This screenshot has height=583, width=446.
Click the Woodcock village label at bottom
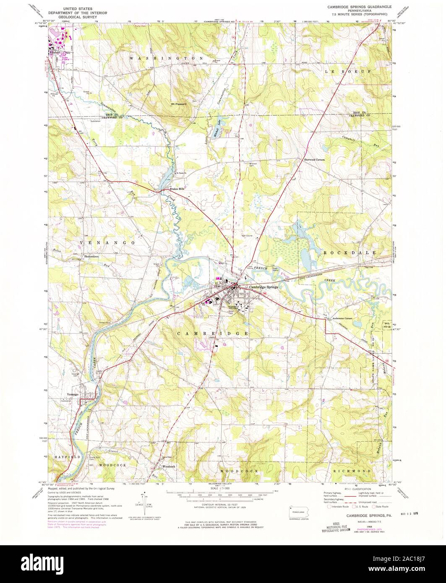point(168,466)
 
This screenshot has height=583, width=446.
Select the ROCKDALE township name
point(350,253)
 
